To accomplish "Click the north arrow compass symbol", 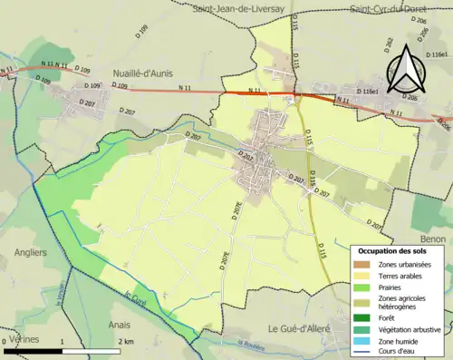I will click(405, 62).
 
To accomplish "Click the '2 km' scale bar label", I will click(128, 342).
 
